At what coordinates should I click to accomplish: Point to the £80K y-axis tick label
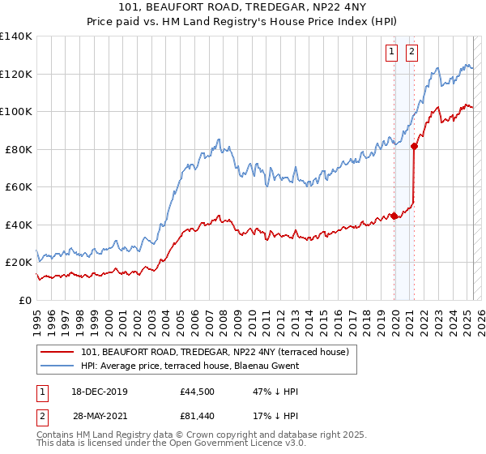18,149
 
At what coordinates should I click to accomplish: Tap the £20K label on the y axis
18,263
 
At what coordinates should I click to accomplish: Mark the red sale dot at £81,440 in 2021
414,147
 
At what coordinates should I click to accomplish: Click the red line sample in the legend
57,353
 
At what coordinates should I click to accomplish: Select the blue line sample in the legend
57,366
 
